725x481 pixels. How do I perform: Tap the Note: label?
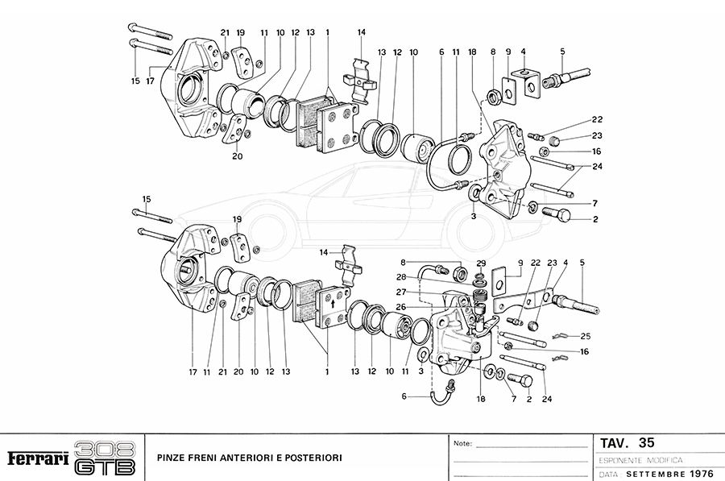click(463, 443)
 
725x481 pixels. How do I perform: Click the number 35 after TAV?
click(645, 442)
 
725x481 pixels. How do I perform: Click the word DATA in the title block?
click(609, 474)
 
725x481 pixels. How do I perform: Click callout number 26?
click(400, 305)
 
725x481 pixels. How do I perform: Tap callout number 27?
click(400, 292)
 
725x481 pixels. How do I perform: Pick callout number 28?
click(400, 276)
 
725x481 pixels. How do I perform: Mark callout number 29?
click(481, 263)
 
